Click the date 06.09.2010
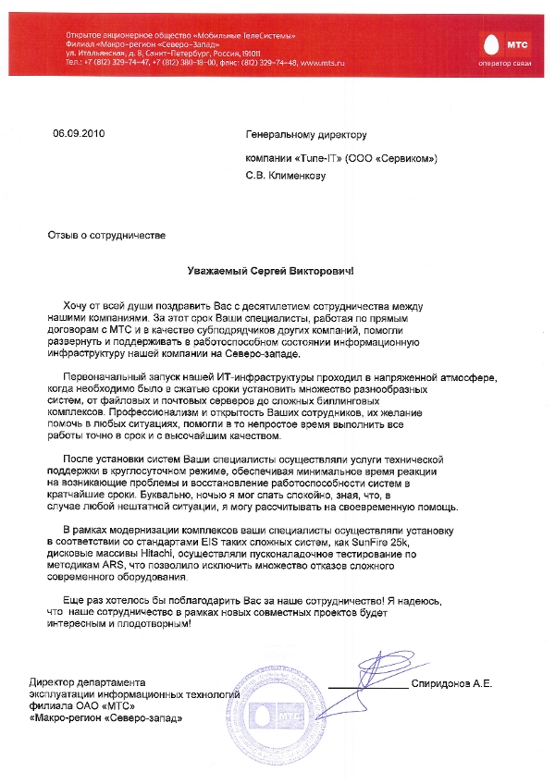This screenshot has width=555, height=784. [x=80, y=134]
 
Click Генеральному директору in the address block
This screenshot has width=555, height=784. [x=305, y=134]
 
